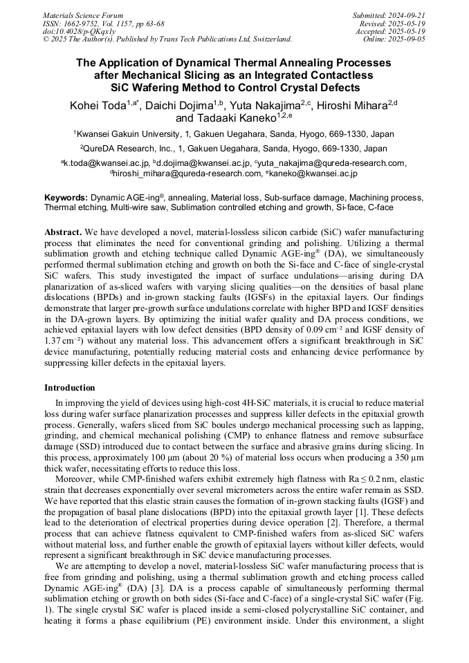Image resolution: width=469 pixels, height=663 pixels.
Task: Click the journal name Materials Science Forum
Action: click(x=83, y=15)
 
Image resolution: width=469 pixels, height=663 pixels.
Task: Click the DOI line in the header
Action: click(x=76, y=32)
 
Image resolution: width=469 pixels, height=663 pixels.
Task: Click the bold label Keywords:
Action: click(x=66, y=197)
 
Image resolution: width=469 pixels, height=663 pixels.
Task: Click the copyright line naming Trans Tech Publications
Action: click(x=167, y=39)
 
